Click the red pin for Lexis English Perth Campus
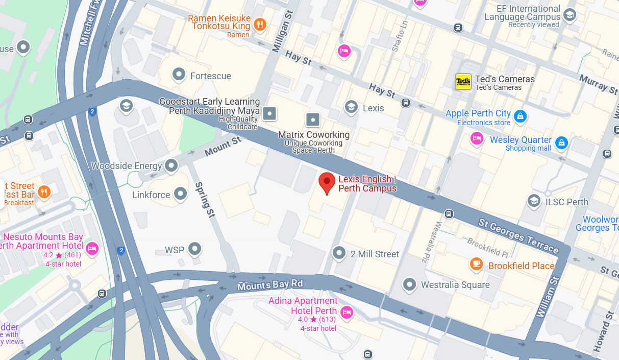[327, 182]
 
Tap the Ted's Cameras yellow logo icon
[463, 82]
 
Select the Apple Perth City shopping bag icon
[520, 116]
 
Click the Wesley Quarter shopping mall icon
[561, 142]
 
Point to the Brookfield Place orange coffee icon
[476, 264]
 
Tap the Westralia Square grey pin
[409, 284]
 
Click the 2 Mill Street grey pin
[339, 252]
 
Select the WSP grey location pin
[194, 249]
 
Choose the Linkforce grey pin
[180, 194]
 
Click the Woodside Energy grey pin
[171, 165]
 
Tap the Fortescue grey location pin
[179, 75]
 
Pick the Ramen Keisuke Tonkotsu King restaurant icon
[260, 24]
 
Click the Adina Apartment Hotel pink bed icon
[347, 312]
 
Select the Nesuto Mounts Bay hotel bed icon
[92, 248]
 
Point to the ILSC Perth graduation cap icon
[534, 200]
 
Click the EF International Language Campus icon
[570, 15]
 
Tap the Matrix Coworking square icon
[313, 120]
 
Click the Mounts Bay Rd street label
[270, 285]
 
